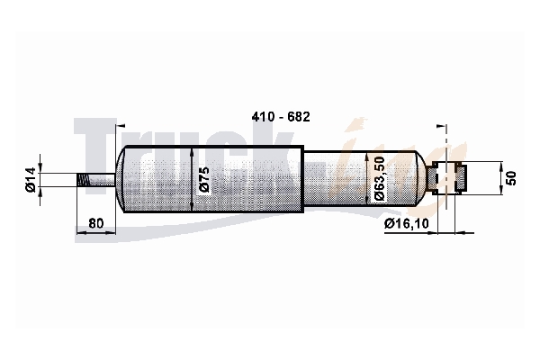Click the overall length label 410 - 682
coord(281,117)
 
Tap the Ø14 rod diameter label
coord(31,179)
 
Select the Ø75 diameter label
coord(204,179)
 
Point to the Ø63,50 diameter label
coord(379,179)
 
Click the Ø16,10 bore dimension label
coord(407,224)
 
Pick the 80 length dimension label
coord(95,223)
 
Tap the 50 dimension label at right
coord(512,178)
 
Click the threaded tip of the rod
coord(82,180)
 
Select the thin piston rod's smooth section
coord(102,180)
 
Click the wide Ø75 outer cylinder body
coord(213,179)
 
